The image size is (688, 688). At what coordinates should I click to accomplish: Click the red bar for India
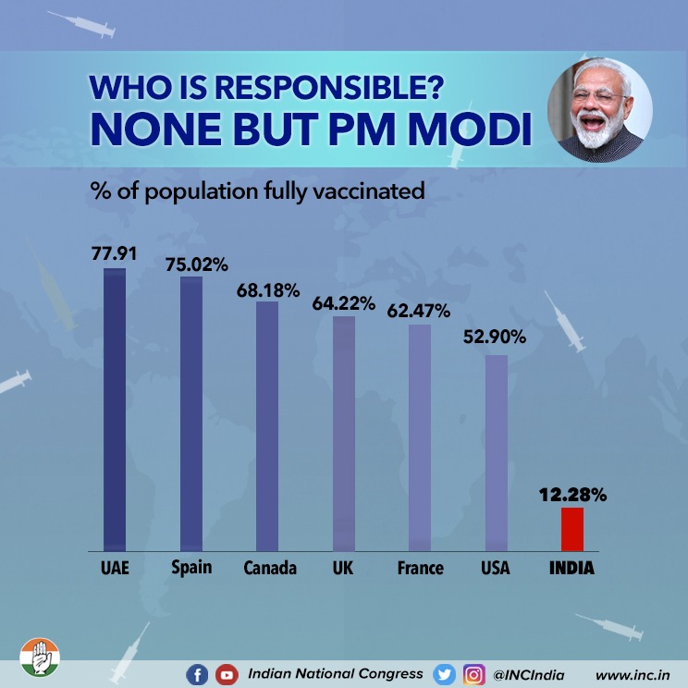[572, 529]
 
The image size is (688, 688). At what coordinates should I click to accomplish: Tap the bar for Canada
[267, 426]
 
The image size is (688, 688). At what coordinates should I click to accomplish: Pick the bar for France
[420, 437]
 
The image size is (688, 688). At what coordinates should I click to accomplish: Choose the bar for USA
[496, 453]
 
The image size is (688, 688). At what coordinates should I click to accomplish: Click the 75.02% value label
[196, 264]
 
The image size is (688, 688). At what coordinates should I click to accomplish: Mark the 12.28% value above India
[572, 496]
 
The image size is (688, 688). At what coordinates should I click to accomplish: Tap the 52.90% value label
[495, 338]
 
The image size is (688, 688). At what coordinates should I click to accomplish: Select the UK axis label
[343, 567]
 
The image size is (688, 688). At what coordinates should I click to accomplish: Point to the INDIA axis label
[571, 568]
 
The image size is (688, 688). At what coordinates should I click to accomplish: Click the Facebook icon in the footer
[197, 675]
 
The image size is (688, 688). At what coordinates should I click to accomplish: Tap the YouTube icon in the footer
[226, 675]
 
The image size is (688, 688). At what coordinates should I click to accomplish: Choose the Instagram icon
[473, 675]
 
